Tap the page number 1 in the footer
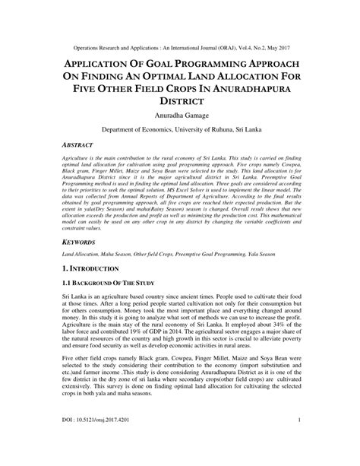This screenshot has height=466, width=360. (x=301, y=440)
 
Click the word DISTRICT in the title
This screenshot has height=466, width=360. (x=180, y=100)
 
